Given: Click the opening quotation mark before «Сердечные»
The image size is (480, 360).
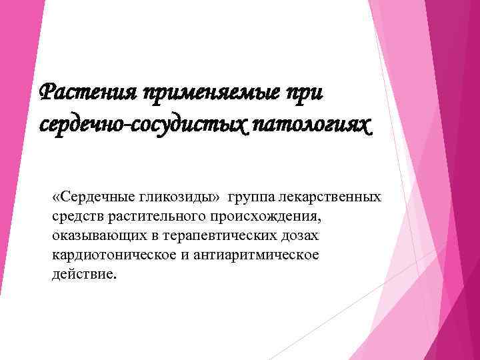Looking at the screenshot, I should click(x=56, y=197).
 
